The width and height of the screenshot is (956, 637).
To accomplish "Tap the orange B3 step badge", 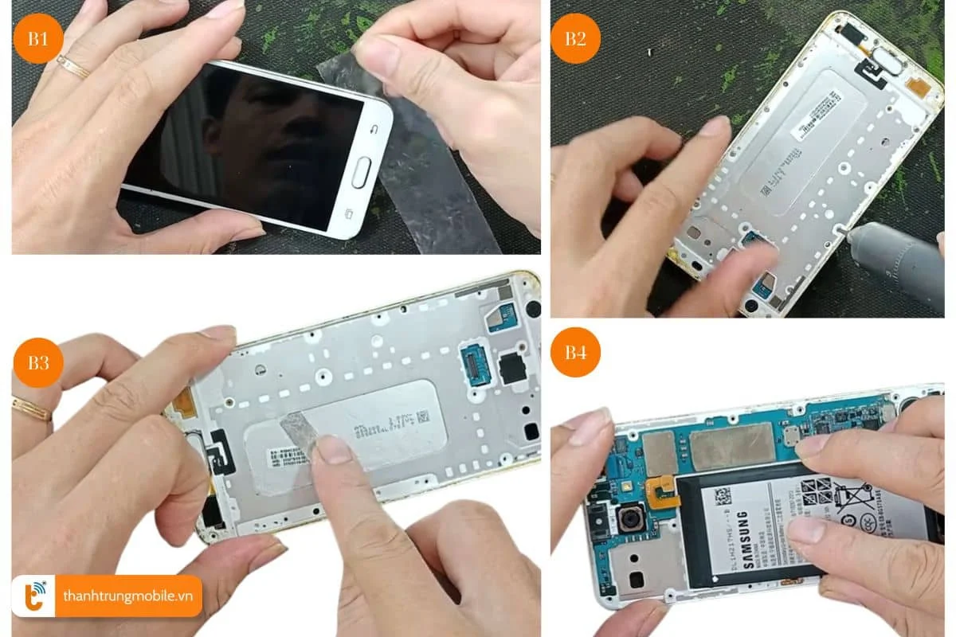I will pos(37,362).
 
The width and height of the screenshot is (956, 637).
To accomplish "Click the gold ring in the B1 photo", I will pos(72,67).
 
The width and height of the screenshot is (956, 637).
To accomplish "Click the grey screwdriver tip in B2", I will pos(856,236).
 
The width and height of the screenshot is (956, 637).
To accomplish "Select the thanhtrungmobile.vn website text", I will pos(127,596).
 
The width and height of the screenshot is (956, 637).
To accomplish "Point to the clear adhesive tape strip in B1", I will pos(430,183).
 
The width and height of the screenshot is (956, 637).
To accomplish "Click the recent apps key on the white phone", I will pos(348,213).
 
